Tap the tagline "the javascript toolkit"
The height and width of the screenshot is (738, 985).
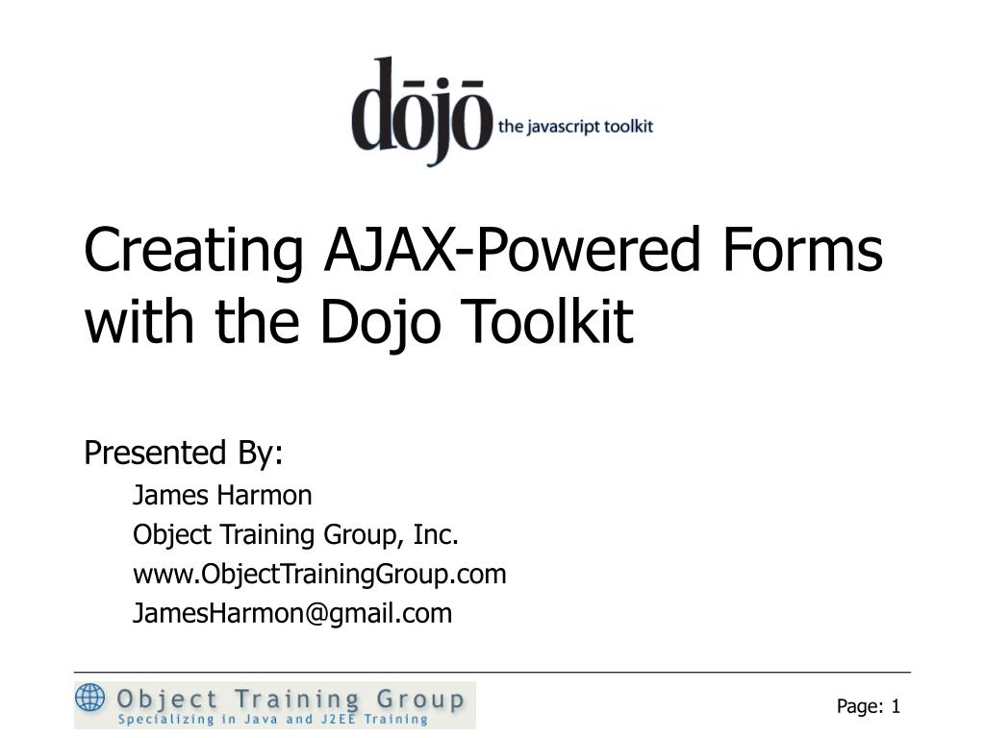tap(575, 127)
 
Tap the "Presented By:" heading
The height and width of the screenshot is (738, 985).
tap(184, 452)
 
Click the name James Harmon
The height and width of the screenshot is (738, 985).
tap(222, 496)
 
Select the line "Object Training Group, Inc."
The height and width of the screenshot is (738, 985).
tap(295, 534)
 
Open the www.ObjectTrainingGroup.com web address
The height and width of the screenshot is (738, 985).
tap(319, 575)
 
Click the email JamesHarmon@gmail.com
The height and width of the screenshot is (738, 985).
tap(292, 614)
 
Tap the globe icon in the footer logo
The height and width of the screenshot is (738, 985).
tap(90, 697)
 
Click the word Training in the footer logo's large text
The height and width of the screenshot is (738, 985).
tap(283, 699)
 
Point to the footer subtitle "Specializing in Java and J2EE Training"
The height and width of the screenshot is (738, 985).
tap(273, 719)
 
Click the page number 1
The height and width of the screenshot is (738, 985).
tap(896, 707)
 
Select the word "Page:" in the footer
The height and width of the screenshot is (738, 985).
tap(860, 707)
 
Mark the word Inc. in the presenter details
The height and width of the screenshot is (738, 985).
tap(436, 534)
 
